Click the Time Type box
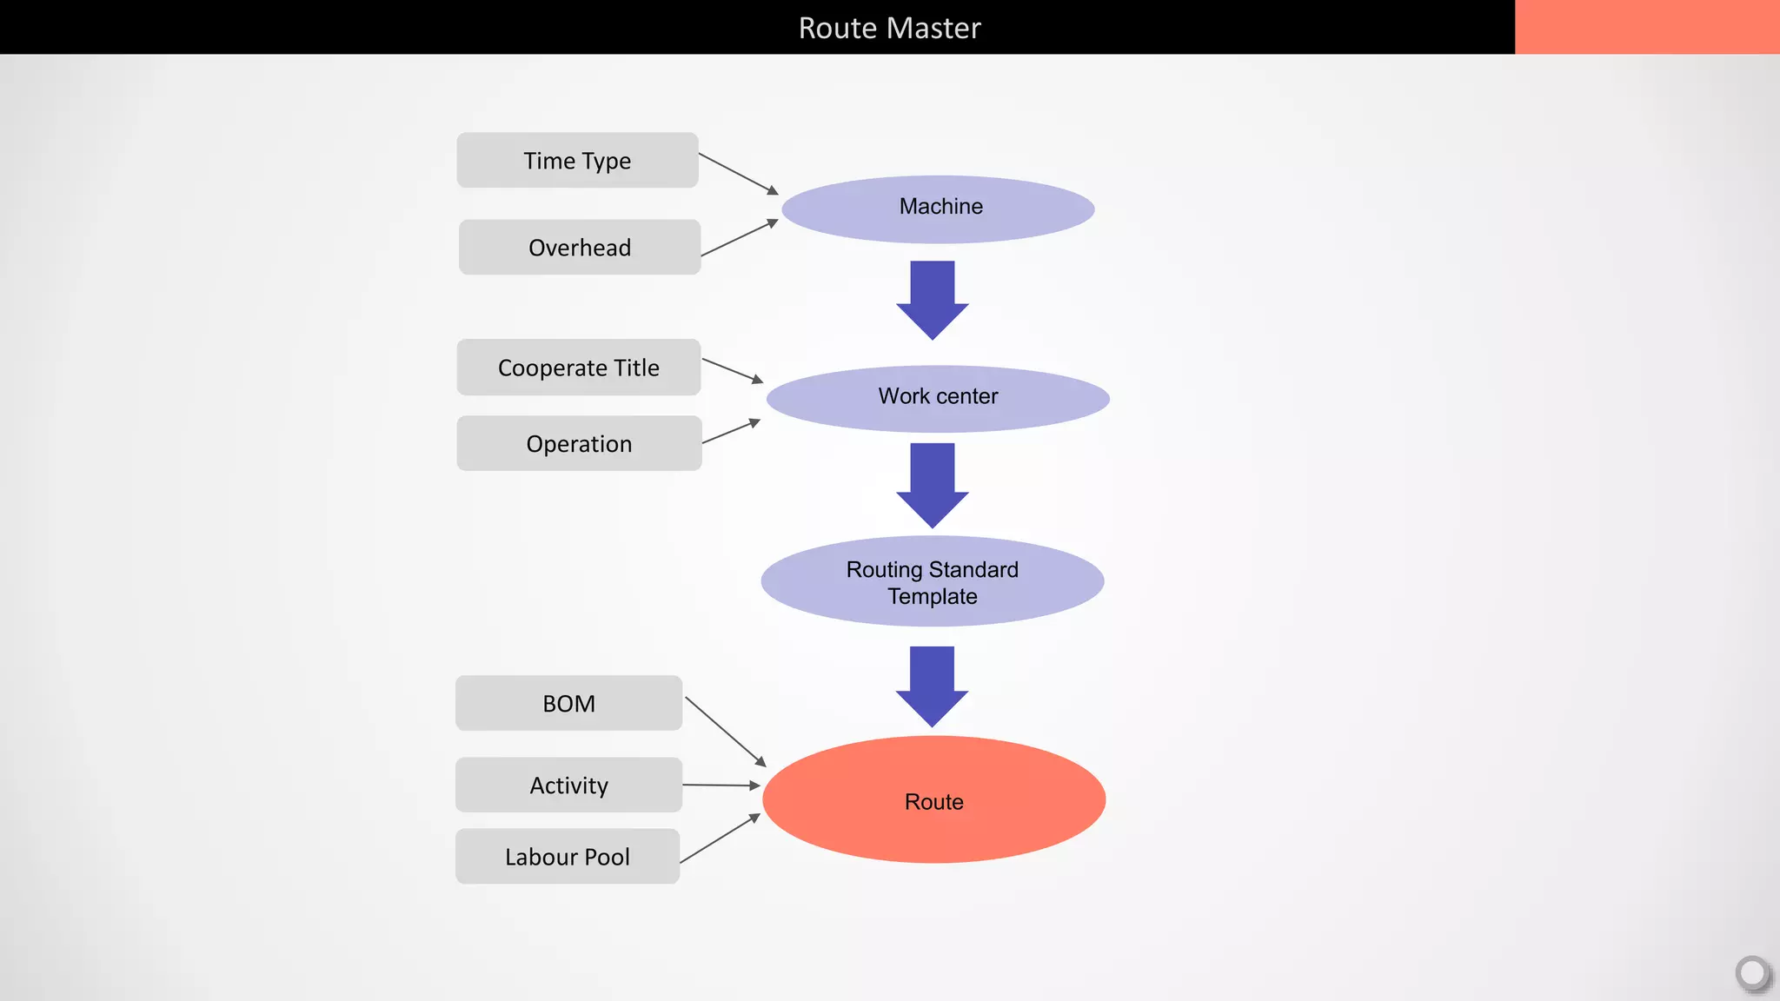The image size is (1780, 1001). coord(577,161)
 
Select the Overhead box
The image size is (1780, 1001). coord(579,248)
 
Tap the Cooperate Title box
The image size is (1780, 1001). coord(578,368)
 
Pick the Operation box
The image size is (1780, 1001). coord(579,444)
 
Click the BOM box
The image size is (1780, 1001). coord(568,704)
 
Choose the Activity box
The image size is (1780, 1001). coord(568,786)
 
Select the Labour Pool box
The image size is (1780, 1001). coord(567,857)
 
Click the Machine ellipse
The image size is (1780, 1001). coord(939,209)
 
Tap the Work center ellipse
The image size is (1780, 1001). coord(938,398)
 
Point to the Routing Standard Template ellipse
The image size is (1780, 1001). coord(933,581)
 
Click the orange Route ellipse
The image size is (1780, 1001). coord(933,800)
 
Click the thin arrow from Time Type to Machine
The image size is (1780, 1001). coord(738,174)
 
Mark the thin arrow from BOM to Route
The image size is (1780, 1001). coord(725,732)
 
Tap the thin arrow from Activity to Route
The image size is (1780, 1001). coord(721,786)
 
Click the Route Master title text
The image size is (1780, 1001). coord(889,28)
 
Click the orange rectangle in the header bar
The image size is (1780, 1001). coord(1646,27)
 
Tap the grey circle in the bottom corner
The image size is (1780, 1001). coord(1752,972)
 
